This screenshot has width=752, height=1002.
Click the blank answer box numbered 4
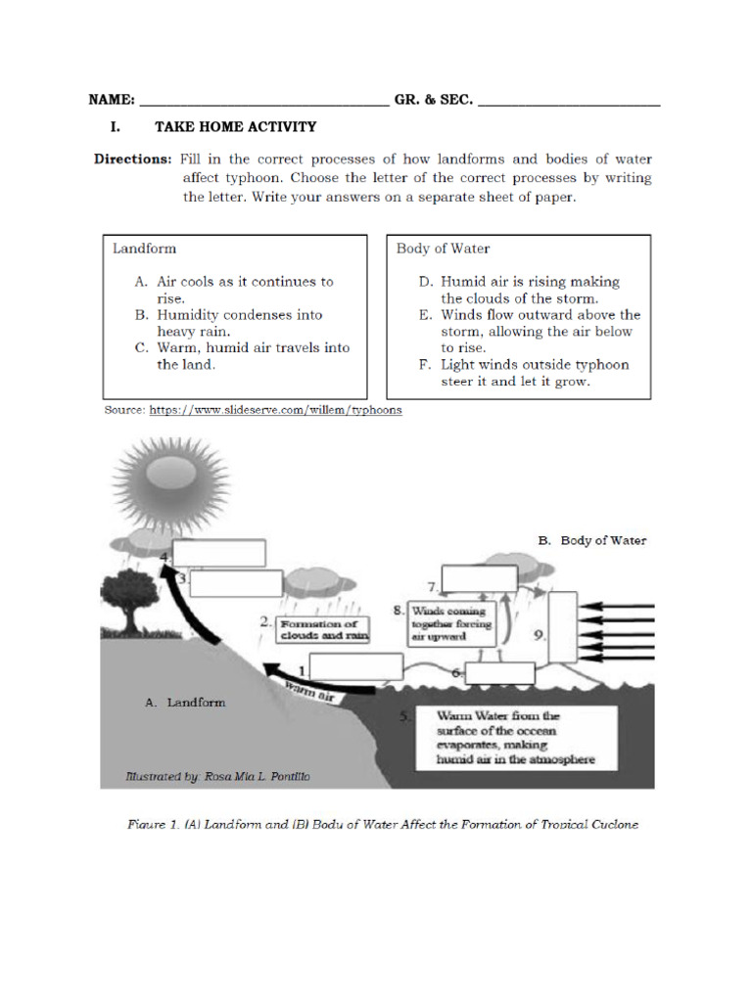point(220,553)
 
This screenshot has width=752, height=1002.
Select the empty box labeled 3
point(236,583)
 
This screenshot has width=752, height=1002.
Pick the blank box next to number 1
point(357,666)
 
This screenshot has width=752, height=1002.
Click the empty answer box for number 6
point(499,673)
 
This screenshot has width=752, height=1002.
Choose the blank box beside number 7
point(481,580)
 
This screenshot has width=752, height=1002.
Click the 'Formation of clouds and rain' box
point(319,629)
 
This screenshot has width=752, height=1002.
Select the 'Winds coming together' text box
point(451,623)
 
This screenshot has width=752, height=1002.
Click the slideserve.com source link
point(275,411)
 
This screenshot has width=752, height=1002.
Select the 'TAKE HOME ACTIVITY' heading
point(235,126)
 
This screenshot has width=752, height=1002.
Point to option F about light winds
point(525,373)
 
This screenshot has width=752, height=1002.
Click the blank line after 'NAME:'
point(264,101)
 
